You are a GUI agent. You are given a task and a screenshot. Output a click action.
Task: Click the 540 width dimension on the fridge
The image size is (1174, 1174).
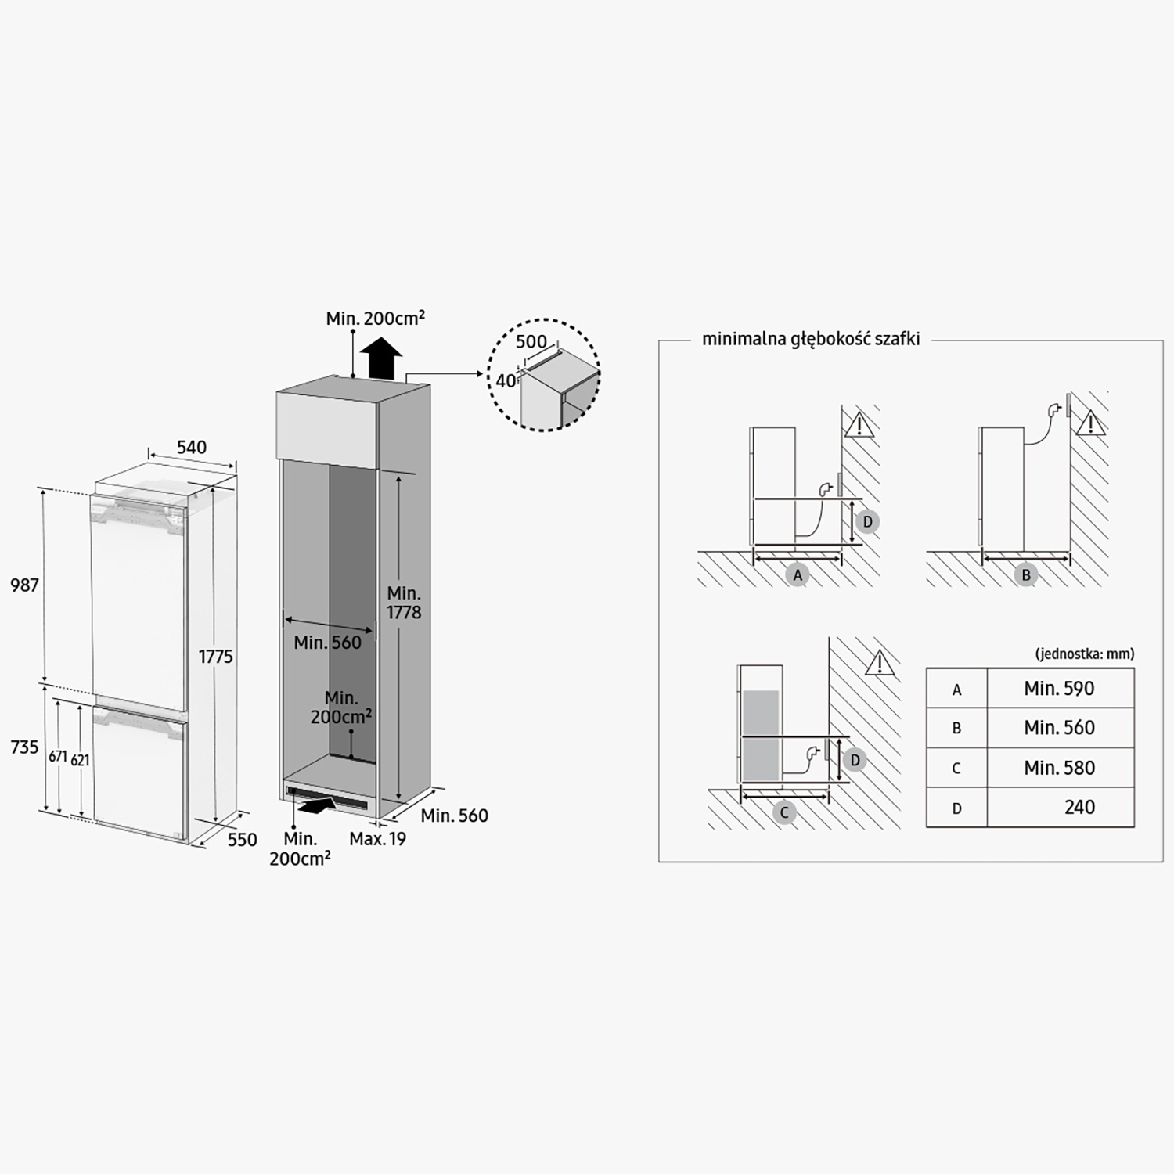coord(192,447)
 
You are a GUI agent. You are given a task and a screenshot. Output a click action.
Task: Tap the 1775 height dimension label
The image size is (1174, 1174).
coord(215,657)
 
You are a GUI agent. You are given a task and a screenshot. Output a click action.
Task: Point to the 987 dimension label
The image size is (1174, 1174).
coord(25,585)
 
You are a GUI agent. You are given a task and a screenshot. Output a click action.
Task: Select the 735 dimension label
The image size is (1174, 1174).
coord(25,747)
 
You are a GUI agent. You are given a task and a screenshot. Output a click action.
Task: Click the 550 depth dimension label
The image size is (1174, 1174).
coord(243,840)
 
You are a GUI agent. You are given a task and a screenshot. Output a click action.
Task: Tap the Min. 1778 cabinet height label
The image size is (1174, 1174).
coord(404,603)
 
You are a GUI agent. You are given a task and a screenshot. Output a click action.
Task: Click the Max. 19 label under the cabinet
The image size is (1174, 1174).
coord(378,839)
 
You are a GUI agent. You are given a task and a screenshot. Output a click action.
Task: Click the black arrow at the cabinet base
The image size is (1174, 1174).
coord(319,803)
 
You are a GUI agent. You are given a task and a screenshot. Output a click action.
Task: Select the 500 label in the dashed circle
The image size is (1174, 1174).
coord(531,342)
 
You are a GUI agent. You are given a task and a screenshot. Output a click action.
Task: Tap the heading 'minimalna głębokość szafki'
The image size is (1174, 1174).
coord(811,339)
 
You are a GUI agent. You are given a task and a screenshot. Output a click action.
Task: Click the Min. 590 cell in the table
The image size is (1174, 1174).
coord(1059,689)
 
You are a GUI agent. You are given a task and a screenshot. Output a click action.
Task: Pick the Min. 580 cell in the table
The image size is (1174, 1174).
coord(1059,768)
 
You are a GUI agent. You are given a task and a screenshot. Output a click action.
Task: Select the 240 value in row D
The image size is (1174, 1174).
coord(1079,808)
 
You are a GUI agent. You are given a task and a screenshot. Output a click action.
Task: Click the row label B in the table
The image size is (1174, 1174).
coord(956,729)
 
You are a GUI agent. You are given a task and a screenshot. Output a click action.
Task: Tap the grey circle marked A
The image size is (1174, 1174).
coord(798,574)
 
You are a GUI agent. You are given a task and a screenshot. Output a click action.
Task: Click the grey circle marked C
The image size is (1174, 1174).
coord(784,813)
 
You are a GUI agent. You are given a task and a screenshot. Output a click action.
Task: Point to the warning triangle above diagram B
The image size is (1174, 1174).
coord(1090,423)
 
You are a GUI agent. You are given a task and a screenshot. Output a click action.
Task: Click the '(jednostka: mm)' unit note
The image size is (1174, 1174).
coord(1084,654)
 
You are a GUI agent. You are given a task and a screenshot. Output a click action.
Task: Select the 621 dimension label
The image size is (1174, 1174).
coord(80,760)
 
